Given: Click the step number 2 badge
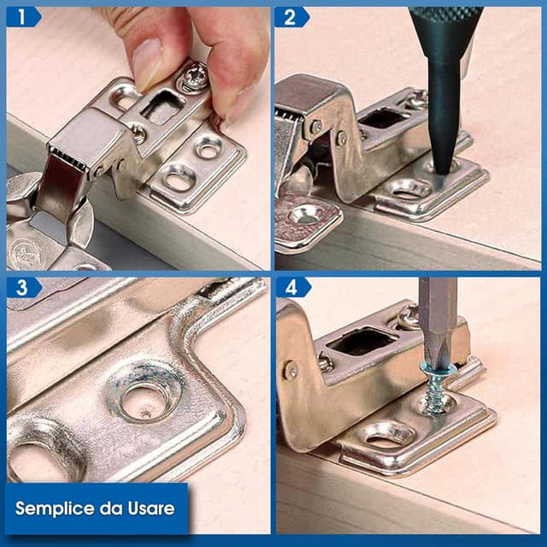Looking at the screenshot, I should [291, 16].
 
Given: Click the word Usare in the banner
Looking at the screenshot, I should [149, 509].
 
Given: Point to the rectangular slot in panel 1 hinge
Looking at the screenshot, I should [162, 108].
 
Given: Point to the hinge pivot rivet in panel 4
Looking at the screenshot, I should [291, 370].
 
